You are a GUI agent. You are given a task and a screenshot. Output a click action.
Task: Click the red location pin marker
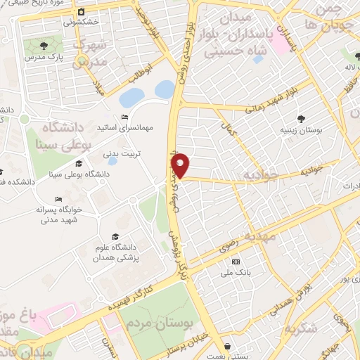click(181, 165)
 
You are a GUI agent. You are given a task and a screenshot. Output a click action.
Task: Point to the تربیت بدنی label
click(133, 152)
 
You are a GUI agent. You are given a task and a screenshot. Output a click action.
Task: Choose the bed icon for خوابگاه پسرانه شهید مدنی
click(58, 199)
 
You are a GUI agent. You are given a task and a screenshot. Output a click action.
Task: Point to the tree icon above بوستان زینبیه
click(302, 118)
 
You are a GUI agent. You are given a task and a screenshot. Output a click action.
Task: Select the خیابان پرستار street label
click(189, 341)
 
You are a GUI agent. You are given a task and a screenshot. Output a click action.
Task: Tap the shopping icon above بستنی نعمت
click(229, 346)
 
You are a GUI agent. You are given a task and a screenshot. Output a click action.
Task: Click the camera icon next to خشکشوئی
click(82, 11)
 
